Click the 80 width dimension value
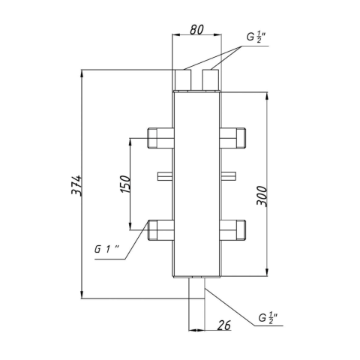[196, 29]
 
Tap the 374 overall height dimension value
[76, 185]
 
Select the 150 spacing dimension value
[125, 184]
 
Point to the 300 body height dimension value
[262, 196]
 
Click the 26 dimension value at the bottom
[224, 325]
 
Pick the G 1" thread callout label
[106, 249]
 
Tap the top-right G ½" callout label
[256, 37]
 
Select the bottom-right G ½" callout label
[268, 318]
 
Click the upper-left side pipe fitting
[160, 138]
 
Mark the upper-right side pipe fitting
[232, 138]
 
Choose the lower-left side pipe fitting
[160, 230]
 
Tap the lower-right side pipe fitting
[232, 230]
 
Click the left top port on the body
[183, 80]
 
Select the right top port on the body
[211, 80]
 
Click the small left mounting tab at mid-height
[165, 176]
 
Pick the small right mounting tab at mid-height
[229, 176]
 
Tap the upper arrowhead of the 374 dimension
[82, 73]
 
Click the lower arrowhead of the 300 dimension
[267, 272]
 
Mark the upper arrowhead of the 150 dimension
[130, 142]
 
